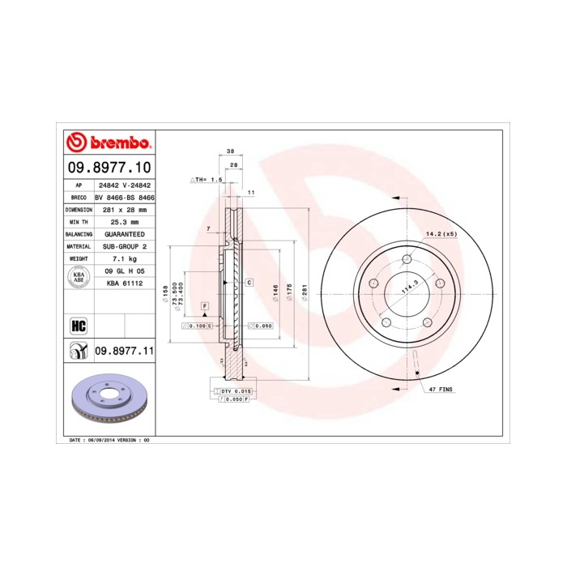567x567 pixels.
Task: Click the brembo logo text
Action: (117, 143)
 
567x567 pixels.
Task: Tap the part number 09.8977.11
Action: (125, 351)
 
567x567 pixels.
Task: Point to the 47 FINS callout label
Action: (441, 390)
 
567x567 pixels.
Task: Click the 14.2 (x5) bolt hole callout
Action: (442, 235)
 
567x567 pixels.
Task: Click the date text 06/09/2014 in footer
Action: (101, 439)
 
